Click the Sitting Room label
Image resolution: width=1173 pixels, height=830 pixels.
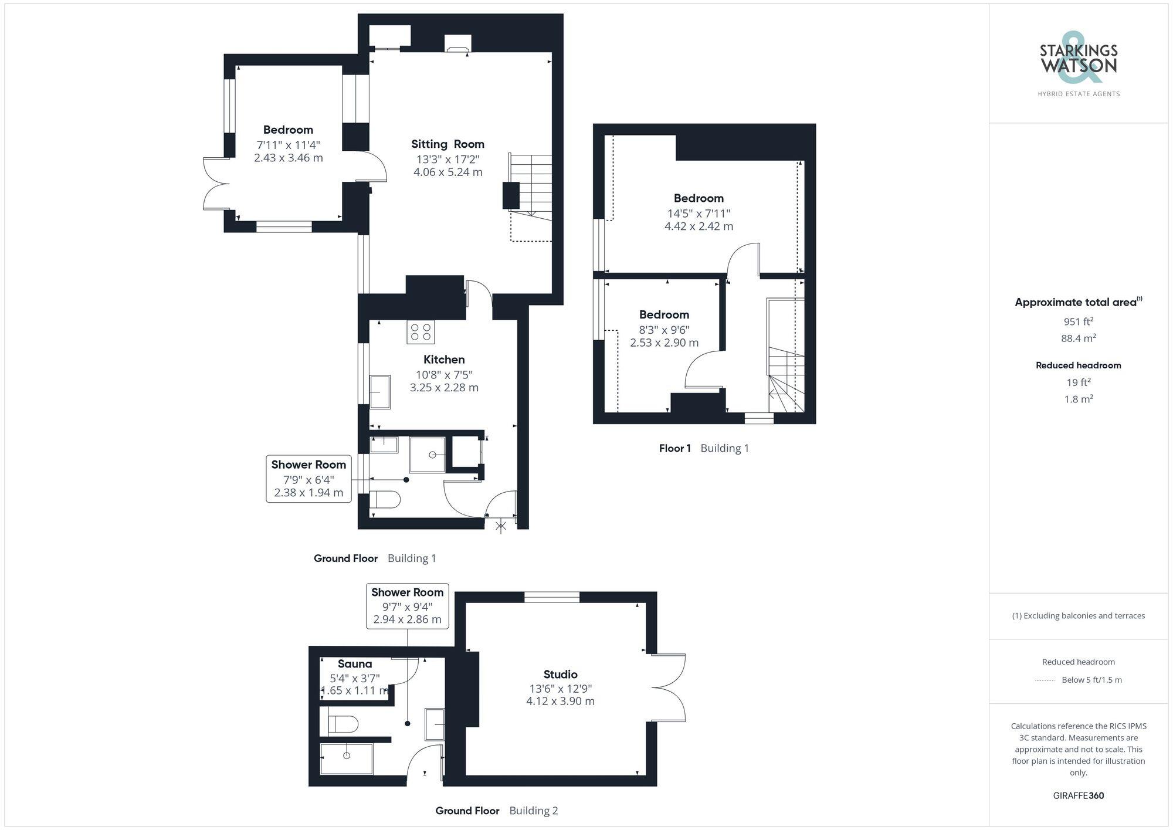point(447,144)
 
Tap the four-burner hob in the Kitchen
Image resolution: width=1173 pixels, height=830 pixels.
point(421,332)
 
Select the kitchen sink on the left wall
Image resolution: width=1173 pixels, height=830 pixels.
point(380,392)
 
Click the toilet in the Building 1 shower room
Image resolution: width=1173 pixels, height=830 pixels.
point(385,500)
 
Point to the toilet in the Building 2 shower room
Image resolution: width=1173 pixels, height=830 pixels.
point(343,724)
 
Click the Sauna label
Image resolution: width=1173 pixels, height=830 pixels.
point(354,664)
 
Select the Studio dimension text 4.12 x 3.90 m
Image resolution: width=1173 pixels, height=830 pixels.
point(560,702)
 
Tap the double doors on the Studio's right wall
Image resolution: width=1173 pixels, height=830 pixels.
point(669,687)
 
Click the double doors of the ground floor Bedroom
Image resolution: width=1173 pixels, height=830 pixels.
point(216,184)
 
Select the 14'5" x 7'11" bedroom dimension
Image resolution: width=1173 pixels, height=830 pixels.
point(698,214)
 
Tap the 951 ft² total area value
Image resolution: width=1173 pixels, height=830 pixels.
point(1078,321)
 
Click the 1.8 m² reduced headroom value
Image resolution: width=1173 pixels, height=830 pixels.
point(1078,399)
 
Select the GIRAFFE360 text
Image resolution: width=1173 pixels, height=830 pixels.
point(1078,796)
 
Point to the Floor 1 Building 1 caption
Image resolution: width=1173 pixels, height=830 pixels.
point(703,448)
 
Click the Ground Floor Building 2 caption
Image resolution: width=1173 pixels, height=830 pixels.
point(496,811)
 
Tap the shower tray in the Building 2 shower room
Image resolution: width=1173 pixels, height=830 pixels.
point(347,758)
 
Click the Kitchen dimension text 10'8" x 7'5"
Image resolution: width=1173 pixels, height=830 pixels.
point(444,375)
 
